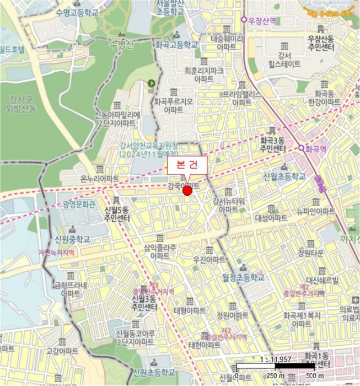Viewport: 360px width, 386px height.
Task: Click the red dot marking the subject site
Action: point(187,191)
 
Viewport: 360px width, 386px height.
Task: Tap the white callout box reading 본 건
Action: point(187,165)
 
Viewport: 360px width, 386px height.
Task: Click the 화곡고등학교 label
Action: point(176,45)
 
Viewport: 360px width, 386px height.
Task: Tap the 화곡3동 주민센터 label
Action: point(273,145)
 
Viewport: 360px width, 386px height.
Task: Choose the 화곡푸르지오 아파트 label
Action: point(174,106)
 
